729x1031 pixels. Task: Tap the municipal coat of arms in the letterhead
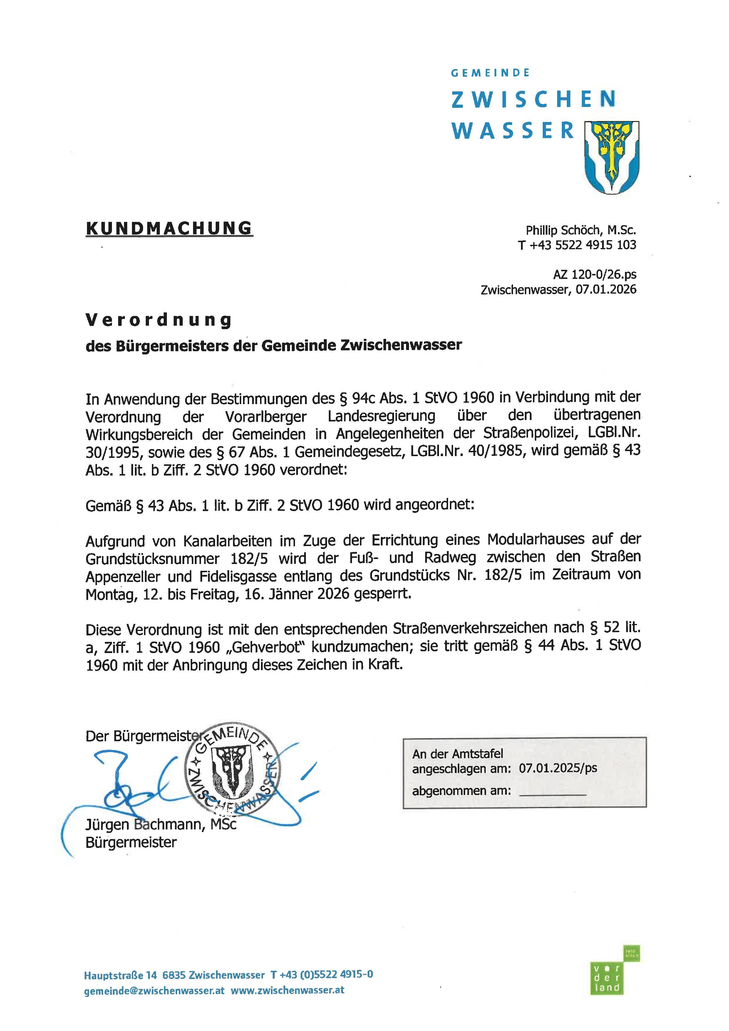611,157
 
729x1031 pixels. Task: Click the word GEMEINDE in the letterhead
490,73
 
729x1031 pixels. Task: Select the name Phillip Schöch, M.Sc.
581,230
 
